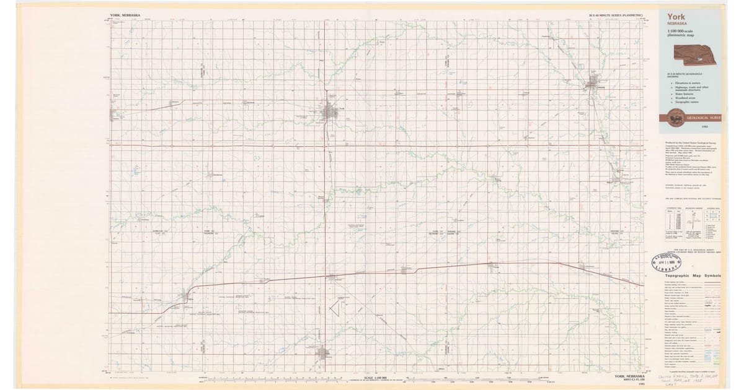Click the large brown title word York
[x=678, y=16]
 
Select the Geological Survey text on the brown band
[x=704, y=116]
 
